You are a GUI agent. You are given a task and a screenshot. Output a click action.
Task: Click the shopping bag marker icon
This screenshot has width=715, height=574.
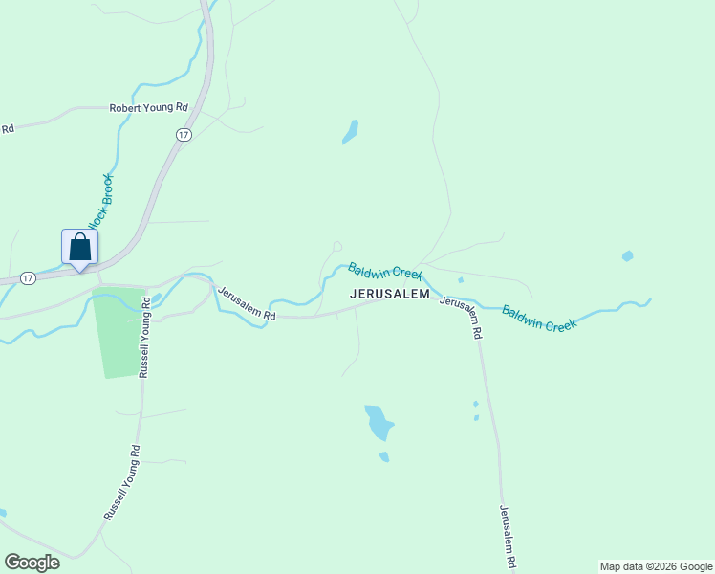(x=80, y=247)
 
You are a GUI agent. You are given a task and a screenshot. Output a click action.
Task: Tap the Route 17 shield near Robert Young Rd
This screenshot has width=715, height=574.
(x=184, y=135)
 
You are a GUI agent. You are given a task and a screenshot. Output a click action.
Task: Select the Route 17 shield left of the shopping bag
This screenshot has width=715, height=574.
(x=28, y=277)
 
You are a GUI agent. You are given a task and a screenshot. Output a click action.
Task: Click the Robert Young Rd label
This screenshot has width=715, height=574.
(x=148, y=108)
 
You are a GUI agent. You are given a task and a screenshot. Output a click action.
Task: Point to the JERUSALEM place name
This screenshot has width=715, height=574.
(x=390, y=295)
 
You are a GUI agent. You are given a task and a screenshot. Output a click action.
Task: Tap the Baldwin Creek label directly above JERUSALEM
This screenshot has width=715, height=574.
(x=385, y=272)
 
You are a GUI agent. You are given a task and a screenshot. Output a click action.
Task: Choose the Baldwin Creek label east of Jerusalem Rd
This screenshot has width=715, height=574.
(x=539, y=319)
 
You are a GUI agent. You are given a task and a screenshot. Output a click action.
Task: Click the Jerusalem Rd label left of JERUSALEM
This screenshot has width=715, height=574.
(x=247, y=303)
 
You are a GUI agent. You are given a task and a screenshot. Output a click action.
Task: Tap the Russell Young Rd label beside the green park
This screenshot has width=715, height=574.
(x=145, y=338)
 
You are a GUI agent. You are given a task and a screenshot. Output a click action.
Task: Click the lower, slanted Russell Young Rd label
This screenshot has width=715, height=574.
(x=122, y=482)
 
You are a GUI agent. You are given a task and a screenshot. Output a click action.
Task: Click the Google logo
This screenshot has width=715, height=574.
(x=32, y=563)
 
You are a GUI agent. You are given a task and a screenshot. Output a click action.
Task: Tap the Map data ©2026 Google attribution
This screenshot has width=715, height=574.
(x=656, y=566)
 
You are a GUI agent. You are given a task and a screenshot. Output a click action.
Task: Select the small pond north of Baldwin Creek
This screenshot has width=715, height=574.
(x=351, y=132)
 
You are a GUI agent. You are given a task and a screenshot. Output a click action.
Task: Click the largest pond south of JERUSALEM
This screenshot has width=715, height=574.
(x=379, y=422)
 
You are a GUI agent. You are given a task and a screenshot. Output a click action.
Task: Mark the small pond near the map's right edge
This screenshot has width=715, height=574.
(x=627, y=256)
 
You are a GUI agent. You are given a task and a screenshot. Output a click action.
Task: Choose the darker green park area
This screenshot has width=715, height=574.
(x=119, y=331)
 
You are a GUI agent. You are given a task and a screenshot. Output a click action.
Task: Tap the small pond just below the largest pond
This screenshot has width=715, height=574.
(x=384, y=457)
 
